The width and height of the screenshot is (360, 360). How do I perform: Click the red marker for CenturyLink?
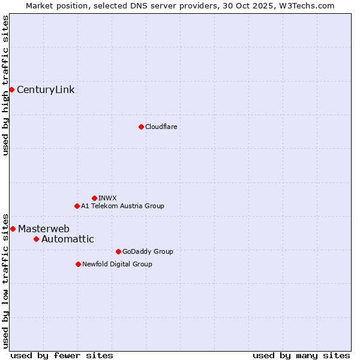pos(11,89)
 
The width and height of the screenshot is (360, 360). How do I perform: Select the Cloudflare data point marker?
pos(141,127)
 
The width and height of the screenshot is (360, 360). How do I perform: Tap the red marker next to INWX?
pos(94,198)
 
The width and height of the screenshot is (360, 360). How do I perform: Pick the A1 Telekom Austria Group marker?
pos(77,206)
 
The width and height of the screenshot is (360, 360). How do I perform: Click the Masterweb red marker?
pos(13,229)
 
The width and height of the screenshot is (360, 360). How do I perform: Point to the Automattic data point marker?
pos(36,239)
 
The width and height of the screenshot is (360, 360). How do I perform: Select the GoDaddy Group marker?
pos(118,251)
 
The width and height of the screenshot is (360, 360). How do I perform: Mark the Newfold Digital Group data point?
pos(78,264)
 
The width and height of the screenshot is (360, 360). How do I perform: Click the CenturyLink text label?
pos(46,90)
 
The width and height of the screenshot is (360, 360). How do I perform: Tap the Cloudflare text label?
pos(161,127)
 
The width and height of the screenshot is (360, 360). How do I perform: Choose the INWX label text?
pos(107,198)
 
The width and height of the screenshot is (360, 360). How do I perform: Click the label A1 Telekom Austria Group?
pos(122,206)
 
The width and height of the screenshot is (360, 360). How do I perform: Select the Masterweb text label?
pos(44,229)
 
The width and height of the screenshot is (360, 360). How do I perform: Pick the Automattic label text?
pos(67,239)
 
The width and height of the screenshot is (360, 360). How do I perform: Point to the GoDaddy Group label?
pos(148,251)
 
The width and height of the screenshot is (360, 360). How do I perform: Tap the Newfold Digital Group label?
pos(117,264)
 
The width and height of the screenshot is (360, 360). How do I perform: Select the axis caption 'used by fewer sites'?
pos(62,355)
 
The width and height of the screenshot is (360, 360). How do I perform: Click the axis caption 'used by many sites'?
pos(301,355)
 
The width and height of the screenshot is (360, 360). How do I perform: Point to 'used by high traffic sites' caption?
pos(5,85)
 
